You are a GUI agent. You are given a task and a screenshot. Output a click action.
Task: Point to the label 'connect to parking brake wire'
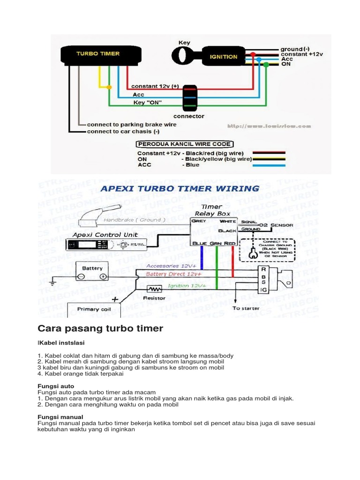132,125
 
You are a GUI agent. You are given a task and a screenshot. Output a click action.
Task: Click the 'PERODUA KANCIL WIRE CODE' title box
183,144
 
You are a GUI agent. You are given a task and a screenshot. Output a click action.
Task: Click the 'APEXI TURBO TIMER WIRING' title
180,188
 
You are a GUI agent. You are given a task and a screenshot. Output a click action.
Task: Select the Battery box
93,272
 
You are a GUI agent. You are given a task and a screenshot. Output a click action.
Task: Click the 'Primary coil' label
94,309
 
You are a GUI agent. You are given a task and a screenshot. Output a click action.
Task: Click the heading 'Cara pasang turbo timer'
100,329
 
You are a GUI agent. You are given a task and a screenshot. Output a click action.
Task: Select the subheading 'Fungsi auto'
55,386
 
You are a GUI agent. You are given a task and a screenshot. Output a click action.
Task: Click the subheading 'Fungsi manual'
60,417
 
